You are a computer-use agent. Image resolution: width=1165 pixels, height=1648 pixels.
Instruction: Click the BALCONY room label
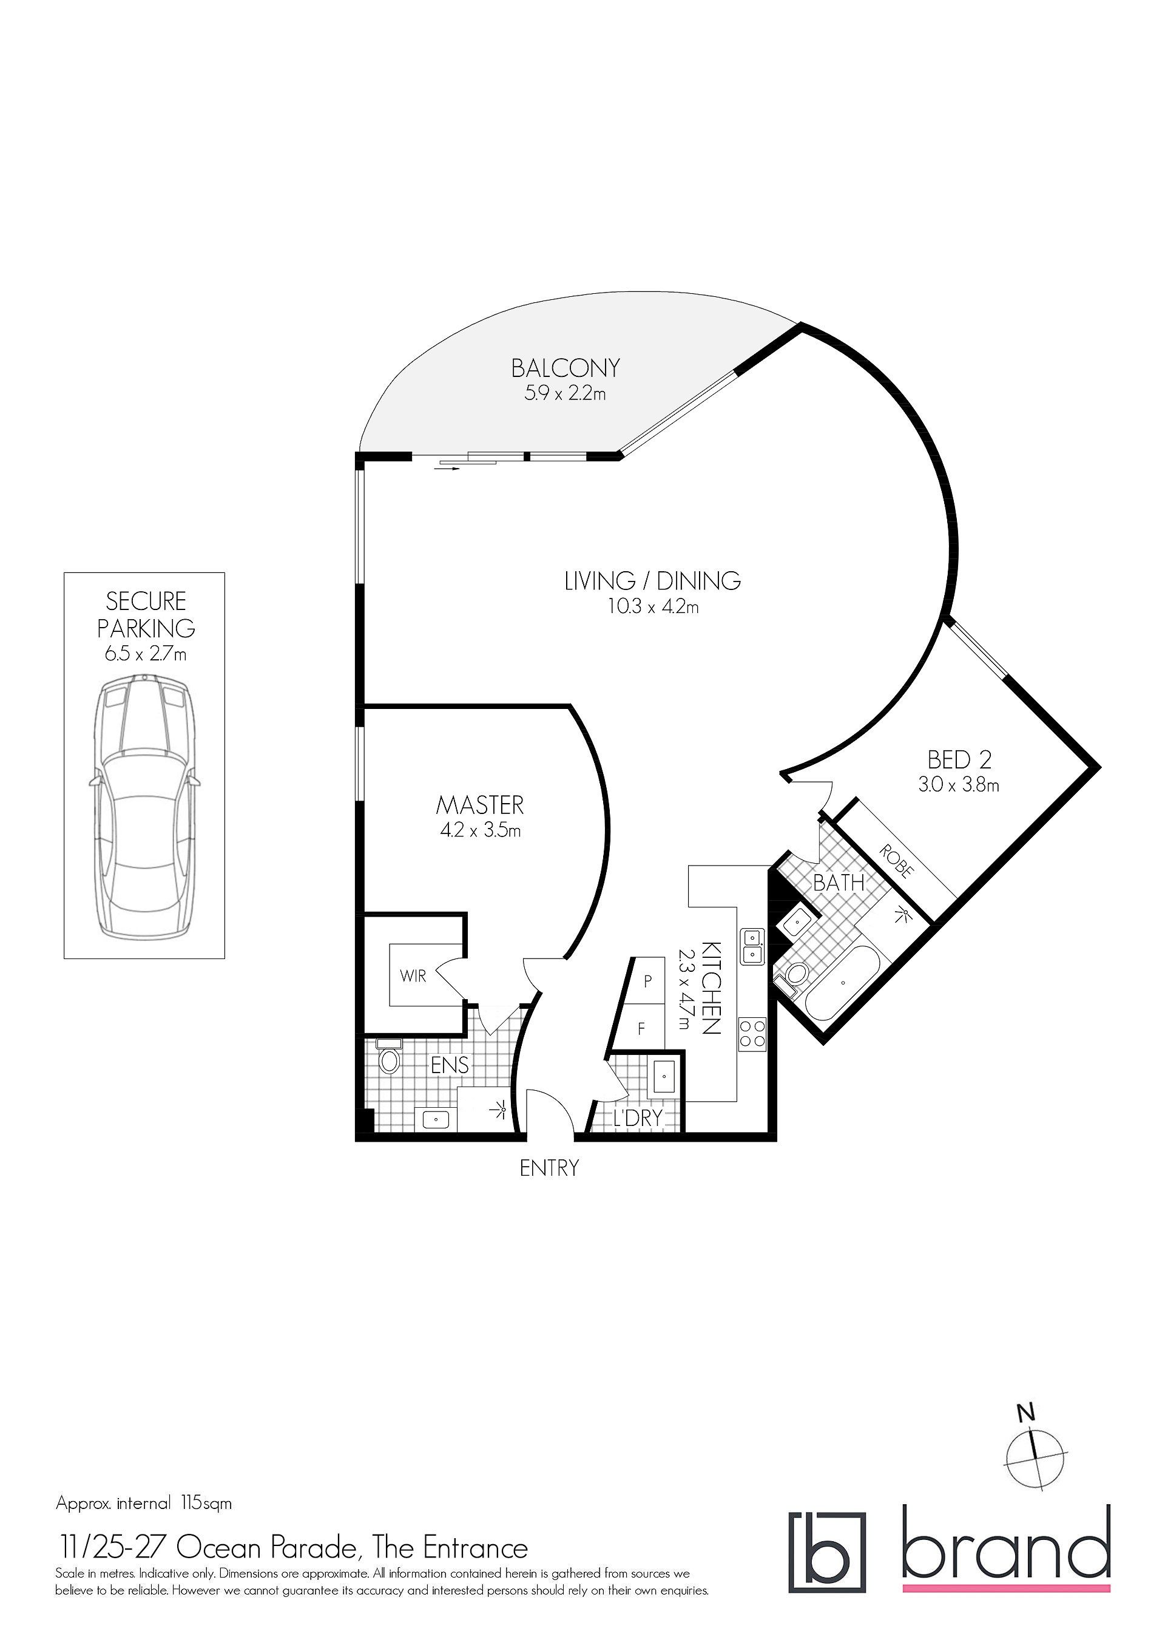click(566, 368)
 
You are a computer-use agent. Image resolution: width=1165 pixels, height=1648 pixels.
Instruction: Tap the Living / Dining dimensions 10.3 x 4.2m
click(653, 607)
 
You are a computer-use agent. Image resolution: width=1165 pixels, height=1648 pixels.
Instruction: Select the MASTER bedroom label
click(480, 805)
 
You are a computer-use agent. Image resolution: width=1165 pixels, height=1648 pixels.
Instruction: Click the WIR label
click(413, 976)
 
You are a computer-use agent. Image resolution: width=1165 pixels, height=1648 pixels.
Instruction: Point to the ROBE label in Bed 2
click(897, 861)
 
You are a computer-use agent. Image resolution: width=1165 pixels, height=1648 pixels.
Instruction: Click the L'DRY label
click(637, 1117)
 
